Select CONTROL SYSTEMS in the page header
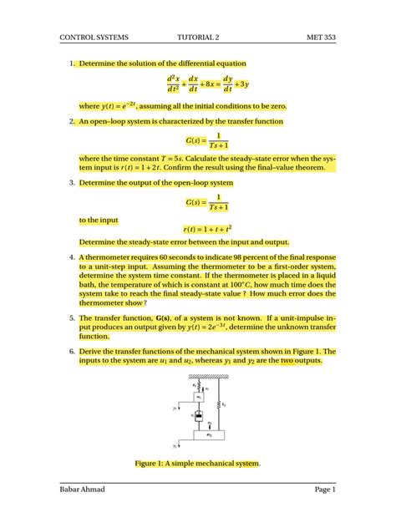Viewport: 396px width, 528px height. tap(94, 38)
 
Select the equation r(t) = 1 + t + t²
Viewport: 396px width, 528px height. tap(208, 226)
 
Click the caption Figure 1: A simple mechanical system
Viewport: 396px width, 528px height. tap(198, 462)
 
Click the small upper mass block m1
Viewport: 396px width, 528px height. tap(199, 397)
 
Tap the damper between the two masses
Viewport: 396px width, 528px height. tap(199, 415)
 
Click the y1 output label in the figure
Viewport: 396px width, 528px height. tap(175, 409)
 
